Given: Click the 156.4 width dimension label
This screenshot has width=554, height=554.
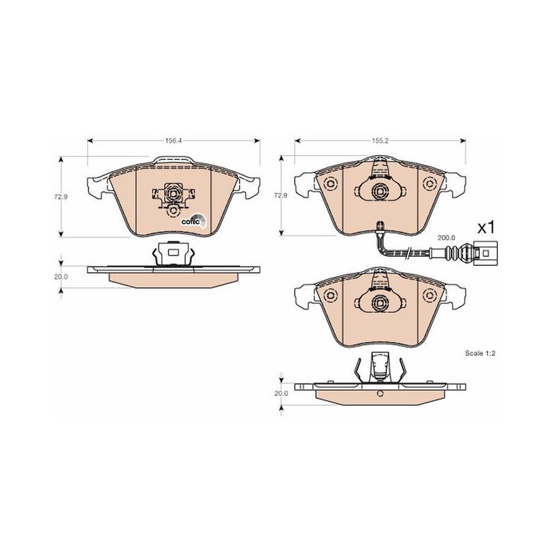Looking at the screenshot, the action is [x=173, y=141].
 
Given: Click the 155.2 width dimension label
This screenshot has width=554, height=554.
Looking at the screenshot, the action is [x=379, y=141].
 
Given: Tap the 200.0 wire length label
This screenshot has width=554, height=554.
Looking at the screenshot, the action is [x=447, y=238].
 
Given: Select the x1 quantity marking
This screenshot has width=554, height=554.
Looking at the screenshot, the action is [x=486, y=228].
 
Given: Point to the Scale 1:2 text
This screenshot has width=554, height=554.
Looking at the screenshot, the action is [x=480, y=353].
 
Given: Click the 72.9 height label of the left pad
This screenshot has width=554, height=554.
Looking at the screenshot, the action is [x=60, y=197].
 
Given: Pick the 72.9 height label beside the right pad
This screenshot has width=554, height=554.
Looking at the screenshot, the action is [x=282, y=195].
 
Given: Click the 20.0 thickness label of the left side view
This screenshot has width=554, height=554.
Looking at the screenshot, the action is [x=60, y=277].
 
